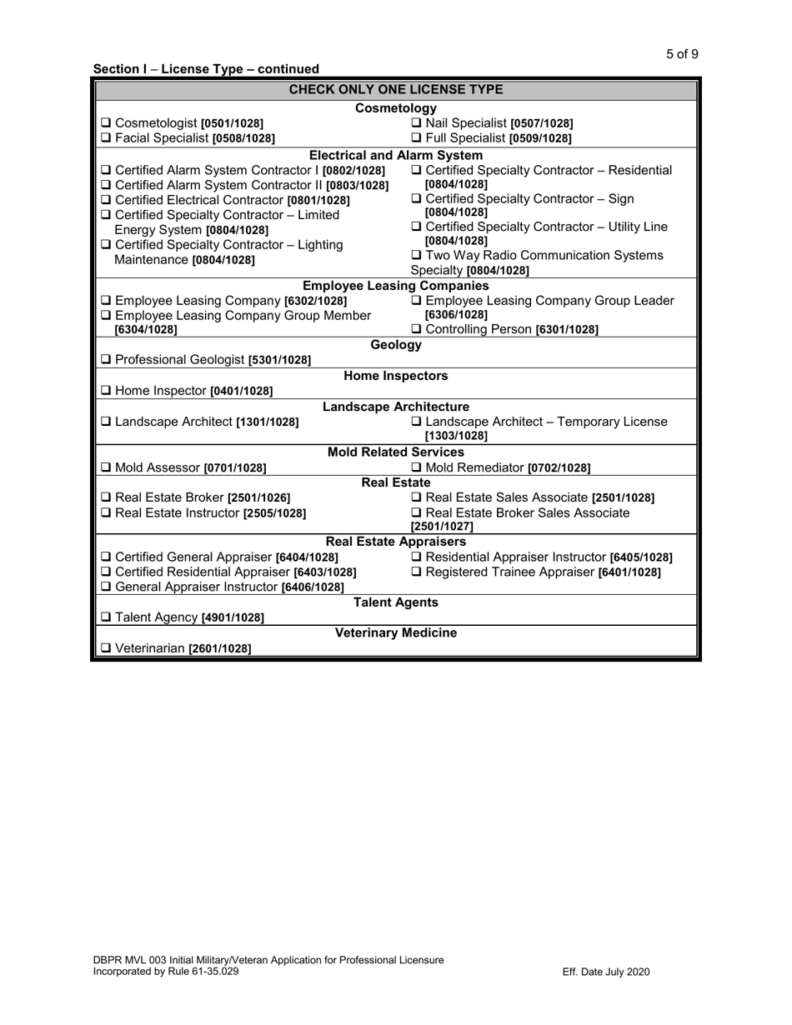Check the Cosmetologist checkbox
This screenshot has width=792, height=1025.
tap(105, 124)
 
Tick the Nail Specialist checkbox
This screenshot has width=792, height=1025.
tap(418, 124)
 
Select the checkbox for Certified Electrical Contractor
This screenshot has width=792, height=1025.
tap(105, 201)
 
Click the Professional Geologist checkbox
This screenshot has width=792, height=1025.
tap(105, 361)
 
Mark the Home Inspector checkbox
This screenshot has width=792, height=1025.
tap(105, 391)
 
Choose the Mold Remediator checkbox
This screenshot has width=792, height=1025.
tap(418, 468)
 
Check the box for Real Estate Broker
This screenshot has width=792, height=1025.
tap(105, 498)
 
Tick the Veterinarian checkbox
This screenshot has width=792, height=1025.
tap(105, 648)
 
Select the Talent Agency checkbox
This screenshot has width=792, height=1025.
tap(105, 617)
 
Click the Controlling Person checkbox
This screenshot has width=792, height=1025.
tap(418, 330)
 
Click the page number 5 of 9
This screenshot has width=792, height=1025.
tap(682, 55)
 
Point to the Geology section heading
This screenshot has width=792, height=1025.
tap(396, 345)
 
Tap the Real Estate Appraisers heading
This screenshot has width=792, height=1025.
tap(396, 542)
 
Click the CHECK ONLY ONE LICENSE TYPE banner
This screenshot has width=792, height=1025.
tap(396, 89)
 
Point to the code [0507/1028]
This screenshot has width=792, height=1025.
tap(541, 124)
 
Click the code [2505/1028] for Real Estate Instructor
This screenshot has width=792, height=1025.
tap(274, 513)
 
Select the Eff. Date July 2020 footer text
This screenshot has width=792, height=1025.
tap(606, 972)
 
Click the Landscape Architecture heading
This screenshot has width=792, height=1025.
tap(396, 407)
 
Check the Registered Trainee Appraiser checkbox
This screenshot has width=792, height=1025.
tap(418, 572)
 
